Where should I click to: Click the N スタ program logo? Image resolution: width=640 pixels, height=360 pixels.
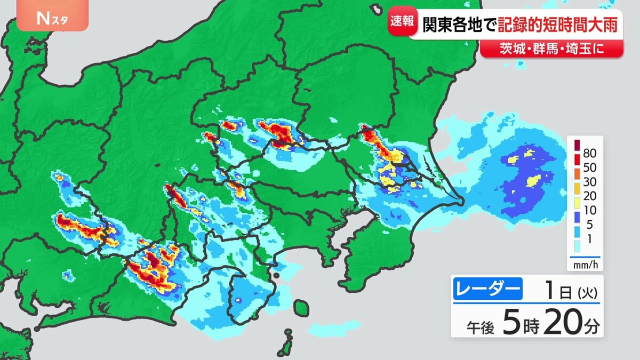pos(52,19)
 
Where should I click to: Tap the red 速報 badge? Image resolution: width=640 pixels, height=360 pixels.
pos(401,21)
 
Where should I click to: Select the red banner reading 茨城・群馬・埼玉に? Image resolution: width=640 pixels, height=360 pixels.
pos(551,49)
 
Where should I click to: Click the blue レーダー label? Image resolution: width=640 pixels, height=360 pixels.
pos(487,290)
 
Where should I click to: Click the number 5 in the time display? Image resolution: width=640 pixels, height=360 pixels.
pos(510,324)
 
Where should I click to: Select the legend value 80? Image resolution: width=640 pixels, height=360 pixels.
pos(590,154)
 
